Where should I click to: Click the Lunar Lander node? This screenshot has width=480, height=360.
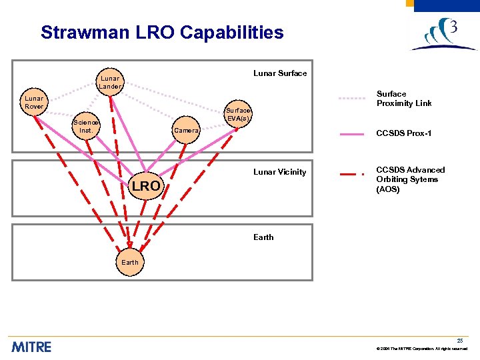(x=110, y=82)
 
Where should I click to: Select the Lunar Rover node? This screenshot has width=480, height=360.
(x=34, y=103)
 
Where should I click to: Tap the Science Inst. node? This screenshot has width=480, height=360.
(x=86, y=126)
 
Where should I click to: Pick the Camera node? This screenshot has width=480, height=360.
(x=186, y=131)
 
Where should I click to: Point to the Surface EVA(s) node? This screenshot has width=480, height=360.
(x=238, y=114)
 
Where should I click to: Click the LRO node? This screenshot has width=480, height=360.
(x=145, y=186)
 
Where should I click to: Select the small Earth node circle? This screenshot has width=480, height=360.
(x=130, y=262)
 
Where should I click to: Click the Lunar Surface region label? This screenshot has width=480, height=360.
(x=280, y=73)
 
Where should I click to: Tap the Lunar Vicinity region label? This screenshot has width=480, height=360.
(x=279, y=172)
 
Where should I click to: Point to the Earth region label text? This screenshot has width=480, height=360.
(x=263, y=237)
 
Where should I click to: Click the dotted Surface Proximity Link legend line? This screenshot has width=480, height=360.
(x=353, y=98)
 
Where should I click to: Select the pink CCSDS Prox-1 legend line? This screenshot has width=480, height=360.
(x=353, y=134)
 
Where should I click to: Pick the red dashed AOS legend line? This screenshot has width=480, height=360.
(x=353, y=175)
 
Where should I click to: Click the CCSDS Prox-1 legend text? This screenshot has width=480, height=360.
(x=404, y=134)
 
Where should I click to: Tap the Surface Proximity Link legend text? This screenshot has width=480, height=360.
(x=404, y=99)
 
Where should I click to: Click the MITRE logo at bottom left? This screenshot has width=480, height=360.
(x=31, y=347)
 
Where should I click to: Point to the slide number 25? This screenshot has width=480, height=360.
(x=460, y=341)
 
